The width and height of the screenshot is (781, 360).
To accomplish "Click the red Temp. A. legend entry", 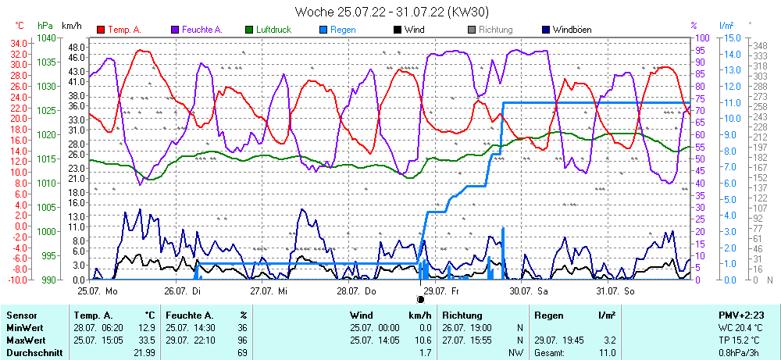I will [x=119, y=30].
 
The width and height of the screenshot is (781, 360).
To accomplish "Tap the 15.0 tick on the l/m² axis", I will [x=733, y=37].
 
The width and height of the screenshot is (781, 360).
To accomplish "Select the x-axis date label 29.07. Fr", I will [x=444, y=290].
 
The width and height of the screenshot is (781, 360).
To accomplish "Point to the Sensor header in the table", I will [x=21, y=315].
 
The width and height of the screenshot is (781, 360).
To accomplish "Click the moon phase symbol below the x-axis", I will [x=420, y=299].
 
